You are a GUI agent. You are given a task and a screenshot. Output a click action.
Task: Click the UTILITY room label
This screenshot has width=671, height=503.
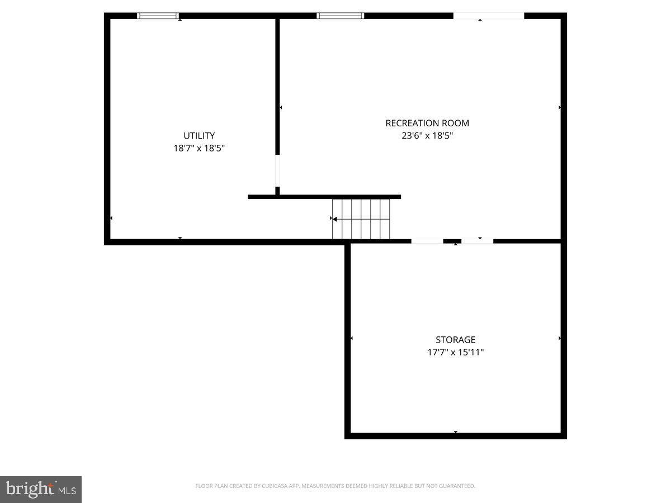click(199, 136)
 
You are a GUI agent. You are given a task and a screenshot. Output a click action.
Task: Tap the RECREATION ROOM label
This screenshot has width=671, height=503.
click(427, 123)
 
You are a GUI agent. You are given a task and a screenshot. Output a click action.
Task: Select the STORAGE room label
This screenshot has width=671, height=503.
click(456, 340)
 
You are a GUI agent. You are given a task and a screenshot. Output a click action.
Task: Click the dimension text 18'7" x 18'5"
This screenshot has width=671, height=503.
click(199, 149)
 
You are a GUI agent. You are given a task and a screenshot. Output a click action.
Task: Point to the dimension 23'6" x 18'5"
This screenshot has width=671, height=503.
click(427, 136)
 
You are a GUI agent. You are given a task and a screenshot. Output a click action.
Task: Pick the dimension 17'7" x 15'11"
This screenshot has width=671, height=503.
click(456, 353)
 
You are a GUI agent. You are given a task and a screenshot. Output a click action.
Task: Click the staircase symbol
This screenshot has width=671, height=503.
click(361, 219)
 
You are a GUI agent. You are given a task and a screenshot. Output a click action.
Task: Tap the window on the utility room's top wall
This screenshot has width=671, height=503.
click(158, 16)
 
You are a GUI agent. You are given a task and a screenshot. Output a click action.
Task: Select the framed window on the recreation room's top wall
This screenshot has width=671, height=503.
click(341, 16)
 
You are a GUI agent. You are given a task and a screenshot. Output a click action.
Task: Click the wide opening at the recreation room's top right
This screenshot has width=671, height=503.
click(488, 16)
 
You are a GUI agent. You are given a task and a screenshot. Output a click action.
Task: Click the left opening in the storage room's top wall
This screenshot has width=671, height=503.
click(427, 241)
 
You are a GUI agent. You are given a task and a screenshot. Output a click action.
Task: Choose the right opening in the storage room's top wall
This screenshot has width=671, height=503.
click(477, 241)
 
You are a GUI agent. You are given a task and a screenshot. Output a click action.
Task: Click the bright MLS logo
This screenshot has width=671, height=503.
click(41, 489)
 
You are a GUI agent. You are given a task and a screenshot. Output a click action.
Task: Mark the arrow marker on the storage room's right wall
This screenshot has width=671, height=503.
click(560, 338)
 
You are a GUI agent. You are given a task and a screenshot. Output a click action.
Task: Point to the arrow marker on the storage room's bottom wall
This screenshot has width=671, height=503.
click(456, 432)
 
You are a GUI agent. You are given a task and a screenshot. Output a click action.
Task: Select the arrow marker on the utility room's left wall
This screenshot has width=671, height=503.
click(111, 218)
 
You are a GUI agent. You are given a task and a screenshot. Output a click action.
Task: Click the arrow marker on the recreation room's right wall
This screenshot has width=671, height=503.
click(560, 107)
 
